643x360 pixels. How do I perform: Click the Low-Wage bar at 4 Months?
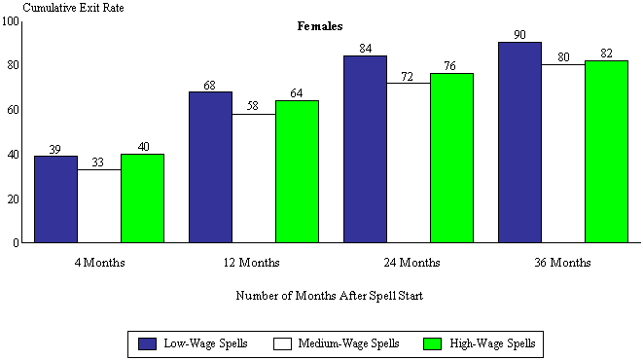point(55,198)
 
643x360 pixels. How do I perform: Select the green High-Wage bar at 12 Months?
point(297,171)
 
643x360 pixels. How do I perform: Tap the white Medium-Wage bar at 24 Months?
point(409,162)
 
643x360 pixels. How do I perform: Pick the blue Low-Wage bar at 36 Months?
point(519,142)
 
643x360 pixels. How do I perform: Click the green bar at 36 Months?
point(606,151)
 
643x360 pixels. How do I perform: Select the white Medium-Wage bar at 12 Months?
point(254,178)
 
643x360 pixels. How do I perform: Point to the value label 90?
point(520,35)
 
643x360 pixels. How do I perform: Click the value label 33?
point(98,162)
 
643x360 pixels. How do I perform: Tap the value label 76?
point(452,66)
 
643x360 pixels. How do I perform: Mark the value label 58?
point(254,107)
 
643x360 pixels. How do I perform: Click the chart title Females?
point(320,27)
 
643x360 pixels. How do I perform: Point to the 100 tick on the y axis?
point(11,20)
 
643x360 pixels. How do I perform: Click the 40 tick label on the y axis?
point(14,154)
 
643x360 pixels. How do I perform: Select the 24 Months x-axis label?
point(409,263)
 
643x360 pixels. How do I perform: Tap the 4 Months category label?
point(98,263)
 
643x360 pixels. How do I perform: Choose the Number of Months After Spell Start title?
point(329,294)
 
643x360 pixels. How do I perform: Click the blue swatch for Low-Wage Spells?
point(148,343)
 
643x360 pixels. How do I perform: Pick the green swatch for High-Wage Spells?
point(434,343)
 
